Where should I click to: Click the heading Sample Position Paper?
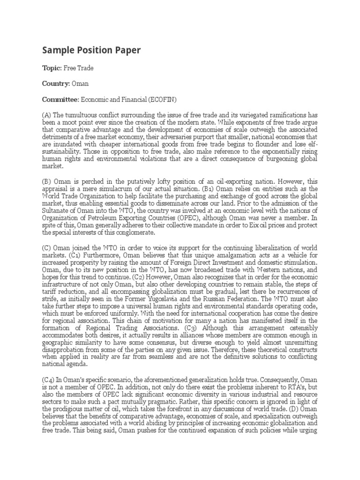91,50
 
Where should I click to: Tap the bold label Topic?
52,68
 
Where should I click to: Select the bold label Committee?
61,99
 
